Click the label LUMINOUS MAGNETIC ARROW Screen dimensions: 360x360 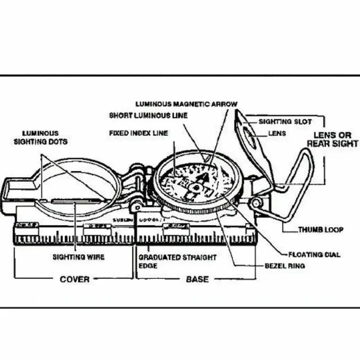[x=186, y=104]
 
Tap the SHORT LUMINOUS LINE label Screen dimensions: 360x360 [x=148, y=116]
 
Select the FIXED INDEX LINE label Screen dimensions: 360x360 [x=139, y=133]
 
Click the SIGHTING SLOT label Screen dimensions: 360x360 [x=279, y=121]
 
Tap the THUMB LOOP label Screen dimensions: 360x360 [x=320, y=230]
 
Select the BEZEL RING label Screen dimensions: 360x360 [x=284, y=266]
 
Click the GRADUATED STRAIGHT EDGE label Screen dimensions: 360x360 [x=177, y=261]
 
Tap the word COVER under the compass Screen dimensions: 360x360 [x=74, y=279]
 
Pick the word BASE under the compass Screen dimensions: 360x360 [x=197, y=279]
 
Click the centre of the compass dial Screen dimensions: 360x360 [x=196, y=185]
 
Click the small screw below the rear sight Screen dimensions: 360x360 [x=256, y=203]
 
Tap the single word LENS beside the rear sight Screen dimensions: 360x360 [x=277, y=134]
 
